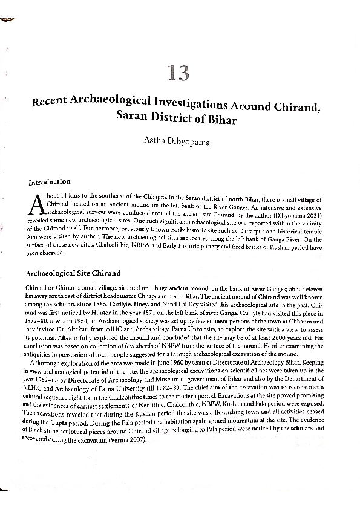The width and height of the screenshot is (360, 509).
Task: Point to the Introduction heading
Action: tap(50, 182)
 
